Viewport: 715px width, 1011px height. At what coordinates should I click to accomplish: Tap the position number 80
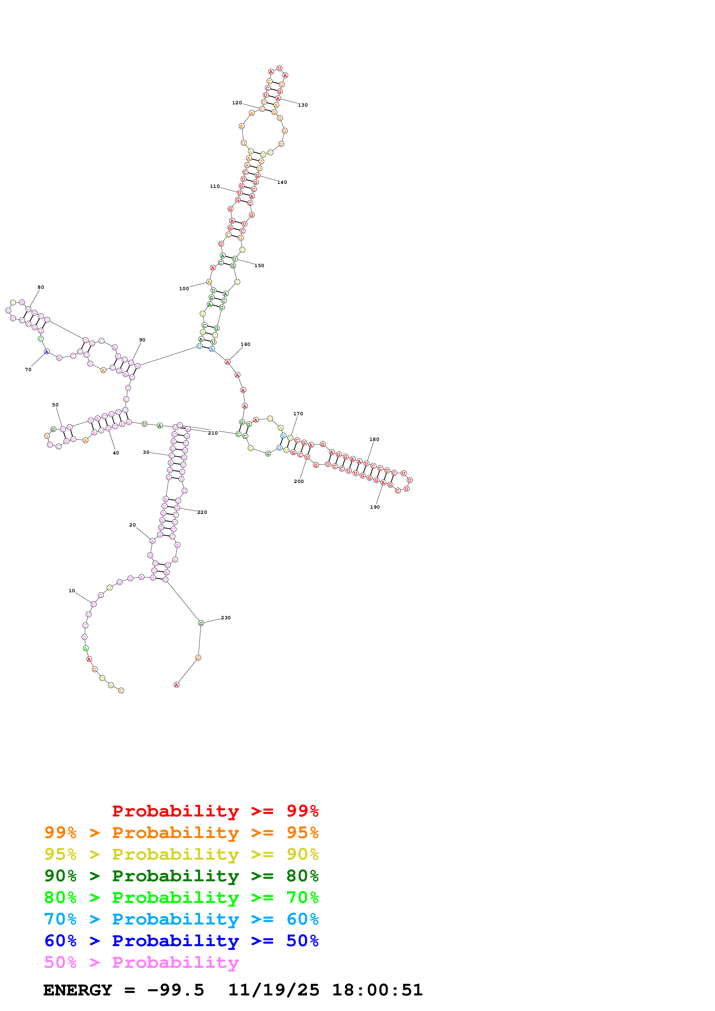41,287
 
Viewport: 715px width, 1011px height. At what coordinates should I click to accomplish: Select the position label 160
245,344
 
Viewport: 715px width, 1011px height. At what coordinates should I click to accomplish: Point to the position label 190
375,507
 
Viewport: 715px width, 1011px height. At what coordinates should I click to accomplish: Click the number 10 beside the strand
72,591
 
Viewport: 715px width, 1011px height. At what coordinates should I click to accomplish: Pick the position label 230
226,618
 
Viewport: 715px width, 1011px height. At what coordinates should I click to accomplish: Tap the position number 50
55,405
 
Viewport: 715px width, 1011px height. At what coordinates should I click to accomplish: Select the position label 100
184,289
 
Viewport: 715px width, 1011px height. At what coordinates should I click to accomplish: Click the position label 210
213,433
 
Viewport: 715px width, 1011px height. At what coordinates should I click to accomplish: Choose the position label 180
374,440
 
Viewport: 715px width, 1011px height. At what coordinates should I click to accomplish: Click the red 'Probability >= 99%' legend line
215,811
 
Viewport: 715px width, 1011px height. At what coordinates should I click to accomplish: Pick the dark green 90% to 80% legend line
181,876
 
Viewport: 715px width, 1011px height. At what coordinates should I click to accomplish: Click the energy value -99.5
175,990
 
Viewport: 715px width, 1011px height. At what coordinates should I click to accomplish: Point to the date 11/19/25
274,990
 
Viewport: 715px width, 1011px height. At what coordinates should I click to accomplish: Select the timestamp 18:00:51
377,990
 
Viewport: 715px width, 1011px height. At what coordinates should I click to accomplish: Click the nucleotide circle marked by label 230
201,623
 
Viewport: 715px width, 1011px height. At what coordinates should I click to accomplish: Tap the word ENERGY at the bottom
78,990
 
